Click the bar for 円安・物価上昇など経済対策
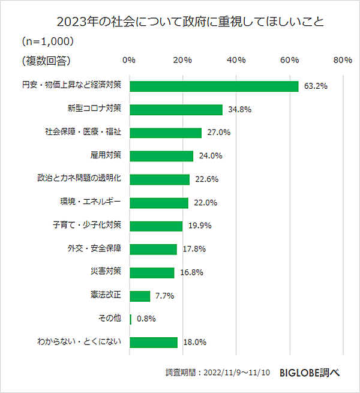214,86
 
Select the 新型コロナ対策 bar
176,110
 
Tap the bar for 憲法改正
139,296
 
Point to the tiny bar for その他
130,319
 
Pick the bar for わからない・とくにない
154,343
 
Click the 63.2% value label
316,86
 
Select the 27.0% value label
219,133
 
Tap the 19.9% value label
200,226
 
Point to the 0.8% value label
146,319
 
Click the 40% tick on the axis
236,60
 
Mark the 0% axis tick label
129,60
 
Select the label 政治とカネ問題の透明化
79,179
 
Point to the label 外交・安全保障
95,249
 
